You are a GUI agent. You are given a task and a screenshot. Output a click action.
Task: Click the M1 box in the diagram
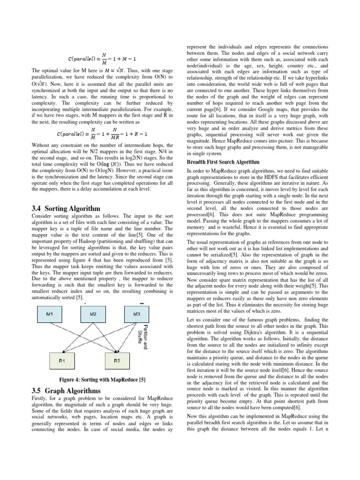(x=49, y=314)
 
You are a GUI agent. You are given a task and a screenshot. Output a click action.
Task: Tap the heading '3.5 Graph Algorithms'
(x=66, y=390)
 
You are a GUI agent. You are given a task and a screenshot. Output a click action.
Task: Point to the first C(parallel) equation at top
(x=102, y=59)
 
